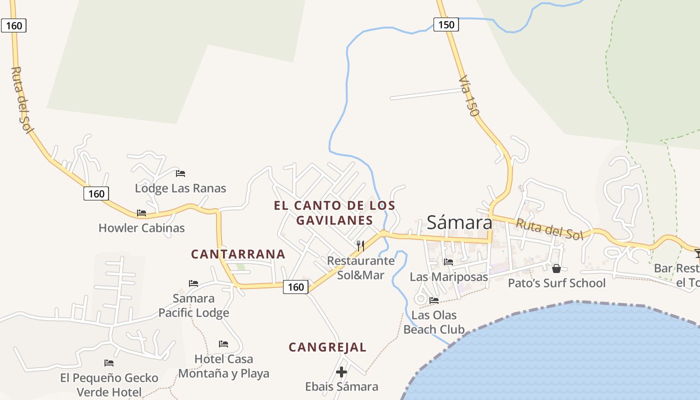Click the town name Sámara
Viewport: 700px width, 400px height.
(x=459, y=222)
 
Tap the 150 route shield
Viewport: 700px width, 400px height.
(x=446, y=24)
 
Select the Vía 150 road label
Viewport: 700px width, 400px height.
(x=469, y=96)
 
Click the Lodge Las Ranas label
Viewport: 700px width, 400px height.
(x=180, y=188)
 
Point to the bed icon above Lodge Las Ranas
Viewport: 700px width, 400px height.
(x=180, y=173)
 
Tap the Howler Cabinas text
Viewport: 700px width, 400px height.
(x=141, y=228)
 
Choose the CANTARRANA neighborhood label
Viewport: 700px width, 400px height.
(x=238, y=254)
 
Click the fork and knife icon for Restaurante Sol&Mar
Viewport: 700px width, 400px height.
(x=360, y=245)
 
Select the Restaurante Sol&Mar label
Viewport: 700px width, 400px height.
(x=360, y=267)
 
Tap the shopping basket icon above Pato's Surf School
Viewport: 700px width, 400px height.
(x=556, y=268)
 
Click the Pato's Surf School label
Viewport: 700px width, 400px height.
(x=556, y=283)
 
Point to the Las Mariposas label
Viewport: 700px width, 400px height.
(x=448, y=276)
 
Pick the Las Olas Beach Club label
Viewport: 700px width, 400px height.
(x=433, y=322)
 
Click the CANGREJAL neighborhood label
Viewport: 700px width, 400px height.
(x=327, y=347)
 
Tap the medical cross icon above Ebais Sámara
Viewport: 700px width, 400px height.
(x=341, y=372)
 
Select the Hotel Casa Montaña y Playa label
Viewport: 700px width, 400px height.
(x=223, y=366)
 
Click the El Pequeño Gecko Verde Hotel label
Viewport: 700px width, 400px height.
(x=109, y=384)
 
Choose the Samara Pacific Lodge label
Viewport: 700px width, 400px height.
(x=193, y=305)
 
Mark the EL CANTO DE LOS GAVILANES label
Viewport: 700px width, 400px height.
(x=334, y=212)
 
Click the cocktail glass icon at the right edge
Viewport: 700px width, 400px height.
(x=697, y=253)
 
